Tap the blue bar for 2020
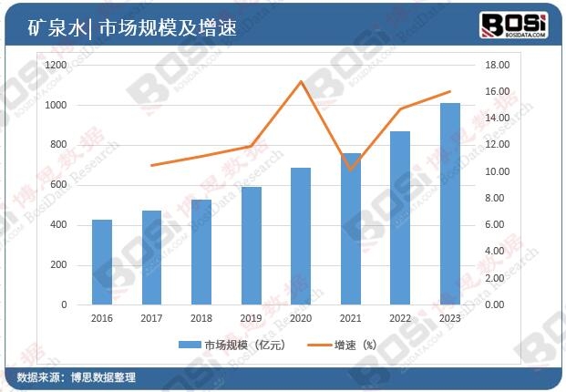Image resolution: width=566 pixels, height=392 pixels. pyautogui.click(x=301, y=236)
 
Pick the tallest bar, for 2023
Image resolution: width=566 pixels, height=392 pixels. pyautogui.click(x=450, y=204)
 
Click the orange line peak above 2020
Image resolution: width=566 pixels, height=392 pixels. pyautogui.click(x=301, y=81)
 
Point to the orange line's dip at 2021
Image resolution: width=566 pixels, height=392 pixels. pyautogui.click(x=351, y=169)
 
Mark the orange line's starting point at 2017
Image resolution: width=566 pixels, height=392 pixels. pyautogui.click(x=151, y=165)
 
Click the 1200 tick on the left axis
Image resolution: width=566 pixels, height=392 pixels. pyautogui.click(x=57, y=66)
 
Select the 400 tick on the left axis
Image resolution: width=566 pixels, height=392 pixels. pyautogui.click(x=59, y=225)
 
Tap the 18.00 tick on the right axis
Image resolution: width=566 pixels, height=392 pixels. pyautogui.click(x=496, y=66)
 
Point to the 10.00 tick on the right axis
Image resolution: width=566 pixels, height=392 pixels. pyautogui.click(x=496, y=171)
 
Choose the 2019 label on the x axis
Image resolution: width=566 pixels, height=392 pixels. pyautogui.click(x=252, y=319)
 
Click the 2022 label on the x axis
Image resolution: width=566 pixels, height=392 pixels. pyautogui.click(x=400, y=319)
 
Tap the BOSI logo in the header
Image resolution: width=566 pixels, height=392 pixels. pyautogui.click(x=514, y=24)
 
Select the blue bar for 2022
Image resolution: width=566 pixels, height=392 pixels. pyautogui.click(x=400, y=219)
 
